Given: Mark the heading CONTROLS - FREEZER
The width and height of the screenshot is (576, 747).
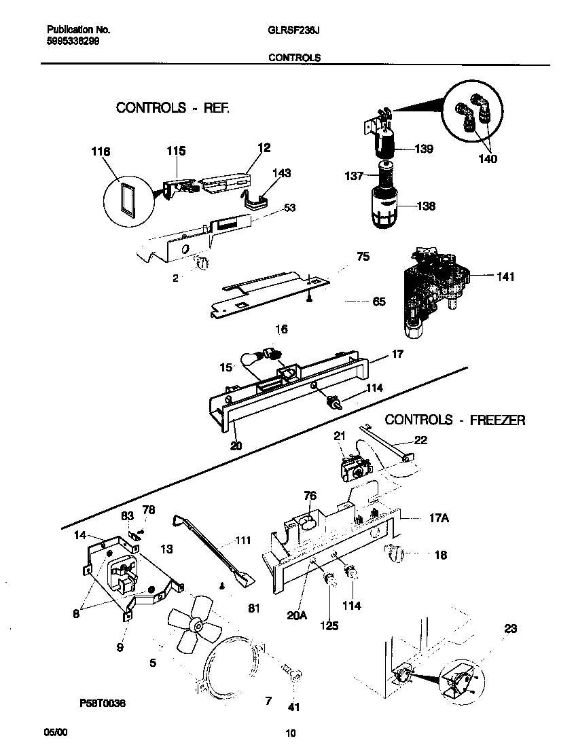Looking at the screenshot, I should point(454,420).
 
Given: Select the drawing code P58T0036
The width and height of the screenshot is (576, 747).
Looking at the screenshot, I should point(98,704).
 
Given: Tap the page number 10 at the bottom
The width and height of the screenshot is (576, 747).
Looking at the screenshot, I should point(290,733).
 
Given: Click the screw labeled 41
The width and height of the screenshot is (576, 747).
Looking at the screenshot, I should point(295,674).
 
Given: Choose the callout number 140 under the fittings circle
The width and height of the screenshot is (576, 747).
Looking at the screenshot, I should point(487,159).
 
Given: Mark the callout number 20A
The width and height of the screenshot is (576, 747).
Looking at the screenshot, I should point(297,615).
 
